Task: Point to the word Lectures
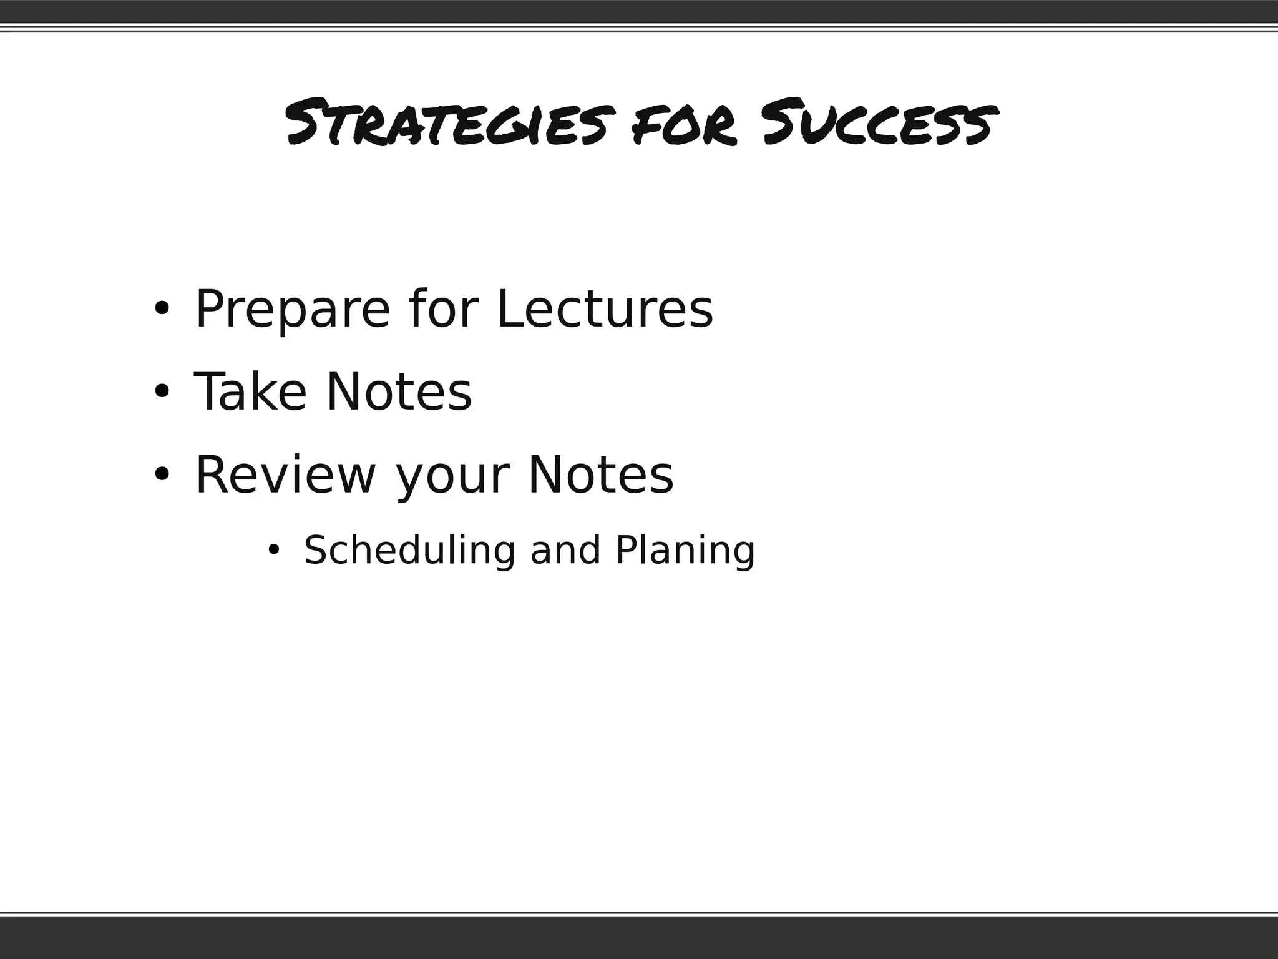point(604,309)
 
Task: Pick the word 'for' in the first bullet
point(444,309)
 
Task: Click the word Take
point(250,392)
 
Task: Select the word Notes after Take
point(399,392)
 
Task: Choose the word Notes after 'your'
point(601,475)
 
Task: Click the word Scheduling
point(409,551)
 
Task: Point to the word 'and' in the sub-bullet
point(565,551)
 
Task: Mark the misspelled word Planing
point(685,551)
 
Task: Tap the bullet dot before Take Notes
point(162,391)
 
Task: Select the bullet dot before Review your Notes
point(162,475)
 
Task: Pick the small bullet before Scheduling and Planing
point(273,550)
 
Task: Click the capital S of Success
point(784,122)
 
